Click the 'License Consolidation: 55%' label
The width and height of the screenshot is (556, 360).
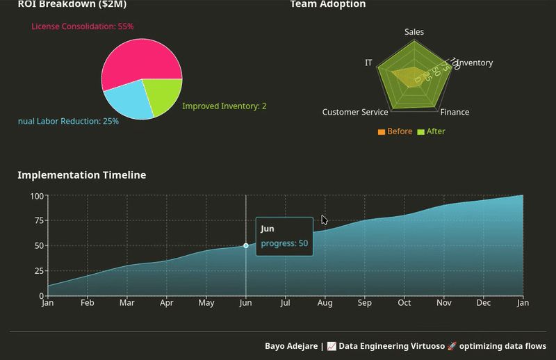[82, 26]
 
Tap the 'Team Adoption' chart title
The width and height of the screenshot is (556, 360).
[327, 5]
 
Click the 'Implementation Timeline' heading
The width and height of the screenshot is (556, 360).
[81, 175]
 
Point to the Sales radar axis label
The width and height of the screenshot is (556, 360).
[414, 32]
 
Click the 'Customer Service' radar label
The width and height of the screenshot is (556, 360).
[355, 112]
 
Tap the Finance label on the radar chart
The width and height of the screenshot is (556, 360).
[455, 112]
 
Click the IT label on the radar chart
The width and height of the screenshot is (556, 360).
[368, 63]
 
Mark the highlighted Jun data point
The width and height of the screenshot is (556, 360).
[246, 245]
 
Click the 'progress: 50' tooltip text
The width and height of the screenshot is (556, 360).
[284, 243]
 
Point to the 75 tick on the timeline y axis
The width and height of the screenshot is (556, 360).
[37, 221]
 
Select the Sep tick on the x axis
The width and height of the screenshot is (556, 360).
[364, 303]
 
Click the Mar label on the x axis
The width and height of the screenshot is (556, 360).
[126, 303]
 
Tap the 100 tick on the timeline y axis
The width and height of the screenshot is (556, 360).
[36, 196]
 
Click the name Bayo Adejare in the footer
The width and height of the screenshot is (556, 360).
[291, 346]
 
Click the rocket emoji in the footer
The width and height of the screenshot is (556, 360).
[452, 346]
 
